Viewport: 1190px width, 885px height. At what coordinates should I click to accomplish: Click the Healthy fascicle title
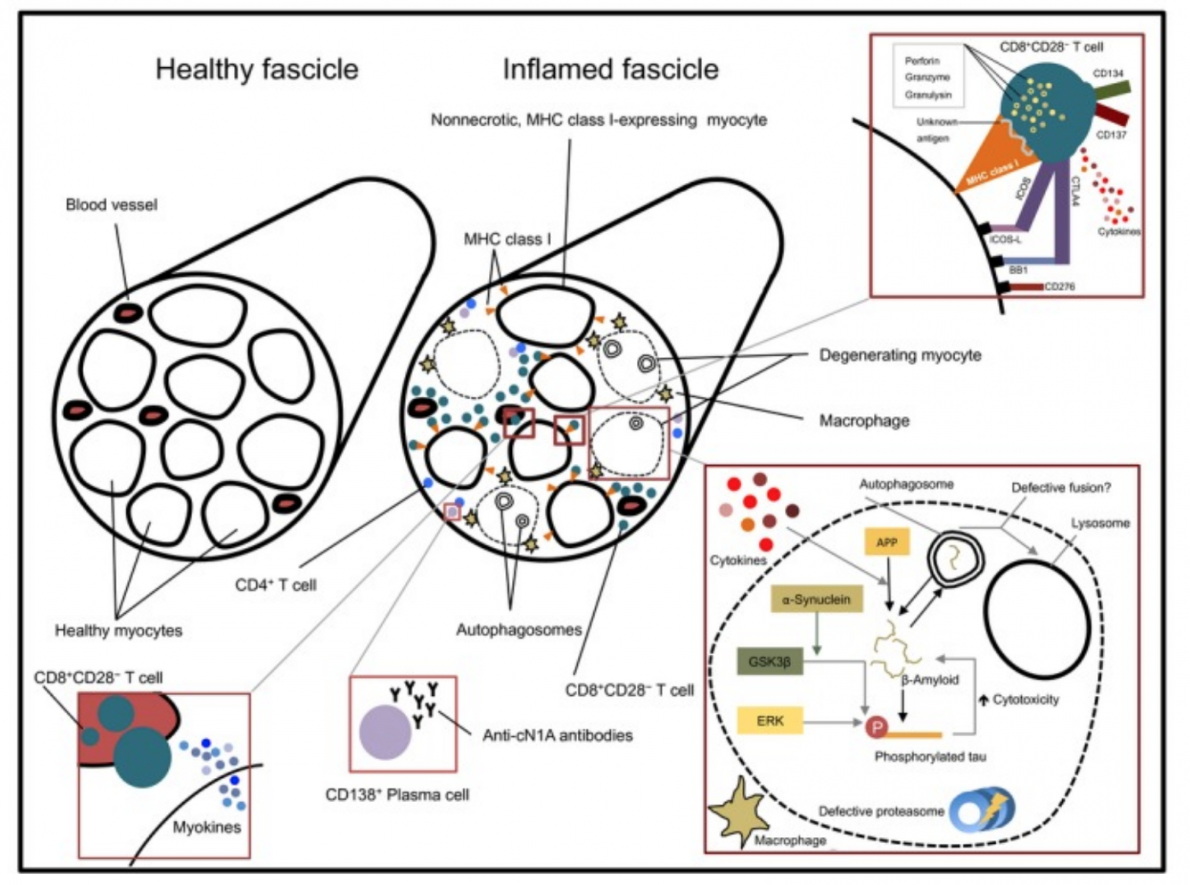(x=256, y=69)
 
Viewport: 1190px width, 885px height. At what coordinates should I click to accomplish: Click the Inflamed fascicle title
(x=610, y=69)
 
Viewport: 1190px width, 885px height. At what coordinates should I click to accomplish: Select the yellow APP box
(x=886, y=542)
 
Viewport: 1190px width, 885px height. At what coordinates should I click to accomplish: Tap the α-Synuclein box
(x=817, y=599)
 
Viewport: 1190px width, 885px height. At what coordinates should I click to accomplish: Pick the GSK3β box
(x=769, y=662)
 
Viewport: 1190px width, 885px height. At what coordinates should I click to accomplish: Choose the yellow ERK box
(x=769, y=721)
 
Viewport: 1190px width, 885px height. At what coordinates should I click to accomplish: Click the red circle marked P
(x=876, y=727)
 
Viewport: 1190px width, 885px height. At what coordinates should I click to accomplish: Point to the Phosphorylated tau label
(x=930, y=756)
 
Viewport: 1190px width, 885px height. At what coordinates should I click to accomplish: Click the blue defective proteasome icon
(x=981, y=810)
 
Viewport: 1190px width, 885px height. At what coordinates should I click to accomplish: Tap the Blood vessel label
(x=111, y=205)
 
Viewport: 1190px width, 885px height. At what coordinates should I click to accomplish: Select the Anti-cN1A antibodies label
(x=557, y=735)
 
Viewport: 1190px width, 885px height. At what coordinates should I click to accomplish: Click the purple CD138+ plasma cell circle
(x=385, y=732)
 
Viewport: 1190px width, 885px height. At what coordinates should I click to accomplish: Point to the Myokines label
(x=206, y=827)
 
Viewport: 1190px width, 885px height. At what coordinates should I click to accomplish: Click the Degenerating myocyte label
(x=899, y=355)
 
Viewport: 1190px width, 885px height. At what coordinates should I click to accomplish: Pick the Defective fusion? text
(x=1060, y=487)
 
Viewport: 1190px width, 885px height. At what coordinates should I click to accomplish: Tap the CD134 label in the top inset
(x=1108, y=73)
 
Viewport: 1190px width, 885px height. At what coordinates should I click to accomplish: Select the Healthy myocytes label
(x=118, y=630)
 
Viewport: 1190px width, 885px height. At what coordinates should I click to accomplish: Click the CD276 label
(x=1059, y=286)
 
